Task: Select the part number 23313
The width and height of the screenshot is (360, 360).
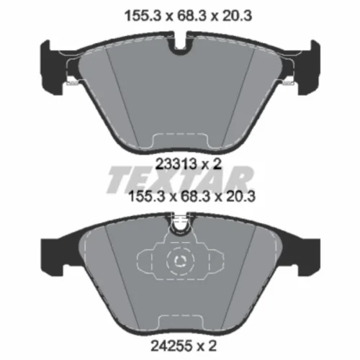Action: (176, 164)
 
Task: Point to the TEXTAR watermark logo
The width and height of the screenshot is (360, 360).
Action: (180, 179)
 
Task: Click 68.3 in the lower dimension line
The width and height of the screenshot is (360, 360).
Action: (194, 197)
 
